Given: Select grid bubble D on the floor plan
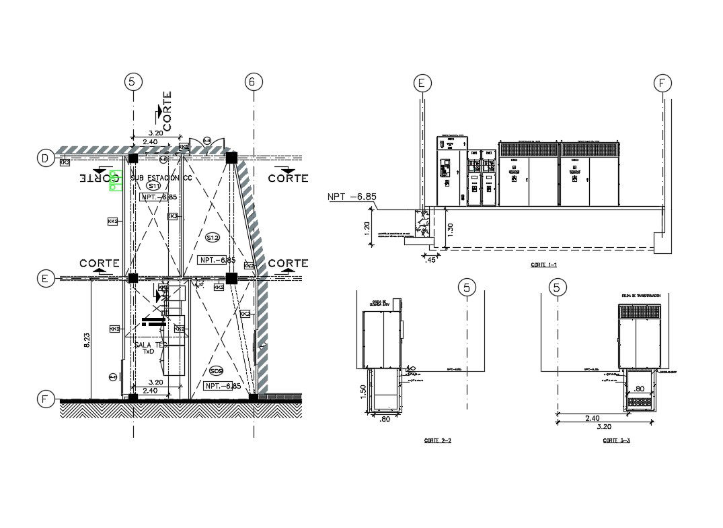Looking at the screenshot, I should point(45,158).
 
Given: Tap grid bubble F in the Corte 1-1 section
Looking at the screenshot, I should point(663,83).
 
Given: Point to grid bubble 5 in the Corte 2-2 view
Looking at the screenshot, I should point(466,288).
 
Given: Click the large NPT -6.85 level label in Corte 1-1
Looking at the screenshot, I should point(352,197).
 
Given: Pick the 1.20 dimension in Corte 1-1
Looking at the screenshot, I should point(367,227).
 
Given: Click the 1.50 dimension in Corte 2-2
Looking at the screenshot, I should point(363,391).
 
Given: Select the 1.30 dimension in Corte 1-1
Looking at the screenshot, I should point(450,229).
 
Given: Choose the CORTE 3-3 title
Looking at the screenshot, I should point(616,440).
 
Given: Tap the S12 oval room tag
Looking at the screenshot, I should point(213,237).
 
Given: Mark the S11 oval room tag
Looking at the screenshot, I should point(154,185).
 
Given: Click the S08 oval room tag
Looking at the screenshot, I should point(216,371).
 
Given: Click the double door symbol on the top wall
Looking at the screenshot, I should point(201,143).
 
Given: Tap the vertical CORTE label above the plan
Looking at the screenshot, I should point(167,110).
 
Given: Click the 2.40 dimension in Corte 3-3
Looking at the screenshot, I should point(589,418).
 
